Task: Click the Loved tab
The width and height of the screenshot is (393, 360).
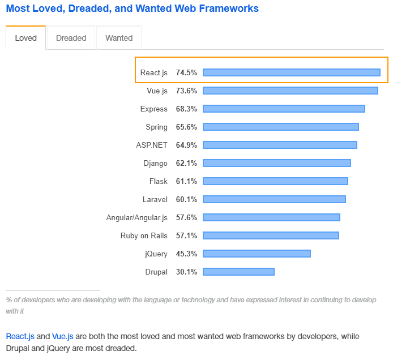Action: pyautogui.click(x=25, y=38)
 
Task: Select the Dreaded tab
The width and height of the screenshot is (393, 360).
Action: pyautogui.click(x=71, y=38)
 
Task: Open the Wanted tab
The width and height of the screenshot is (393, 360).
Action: pyautogui.click(x=119, y=38)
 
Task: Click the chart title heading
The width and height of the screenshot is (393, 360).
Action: pyautogui.click(x=132, y=8)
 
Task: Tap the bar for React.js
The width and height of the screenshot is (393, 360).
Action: pyautogui.click(x=291, y=72)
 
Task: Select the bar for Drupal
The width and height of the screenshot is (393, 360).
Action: pyautogui.click(x=238, y=272)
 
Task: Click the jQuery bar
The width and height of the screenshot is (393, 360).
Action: pyautogui.click(x=257, y=254)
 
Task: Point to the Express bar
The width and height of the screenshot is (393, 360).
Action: pyautogui.click(x=284, y=109)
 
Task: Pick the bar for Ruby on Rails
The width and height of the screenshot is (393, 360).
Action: pyautogui.click(x=271, y=235)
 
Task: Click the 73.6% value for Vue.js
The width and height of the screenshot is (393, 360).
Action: pyautogui.click(x=186, y=91)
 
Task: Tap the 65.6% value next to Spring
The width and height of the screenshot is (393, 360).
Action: pyautogui.click(x=186, y=127)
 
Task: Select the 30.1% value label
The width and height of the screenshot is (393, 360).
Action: pyautogui.click(x=186, y=272)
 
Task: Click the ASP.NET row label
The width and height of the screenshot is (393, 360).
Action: pyautogui.click(x=152, y=145)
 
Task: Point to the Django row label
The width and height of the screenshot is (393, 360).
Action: pyautogui.click(x=156, y=163)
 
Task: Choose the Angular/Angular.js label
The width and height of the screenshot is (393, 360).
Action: pyautogui.click(x=137, y=217)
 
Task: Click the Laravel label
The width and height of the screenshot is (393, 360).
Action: pyautogui.click(x=155, y=199)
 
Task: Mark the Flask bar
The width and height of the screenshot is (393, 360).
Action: pyautogui.click(x=275, y=181)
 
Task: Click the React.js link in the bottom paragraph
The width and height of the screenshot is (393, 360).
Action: pyautogui.click(x=20, y=336)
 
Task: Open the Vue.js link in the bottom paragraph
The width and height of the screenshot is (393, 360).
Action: pyautogui.click(x=63, y=336)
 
